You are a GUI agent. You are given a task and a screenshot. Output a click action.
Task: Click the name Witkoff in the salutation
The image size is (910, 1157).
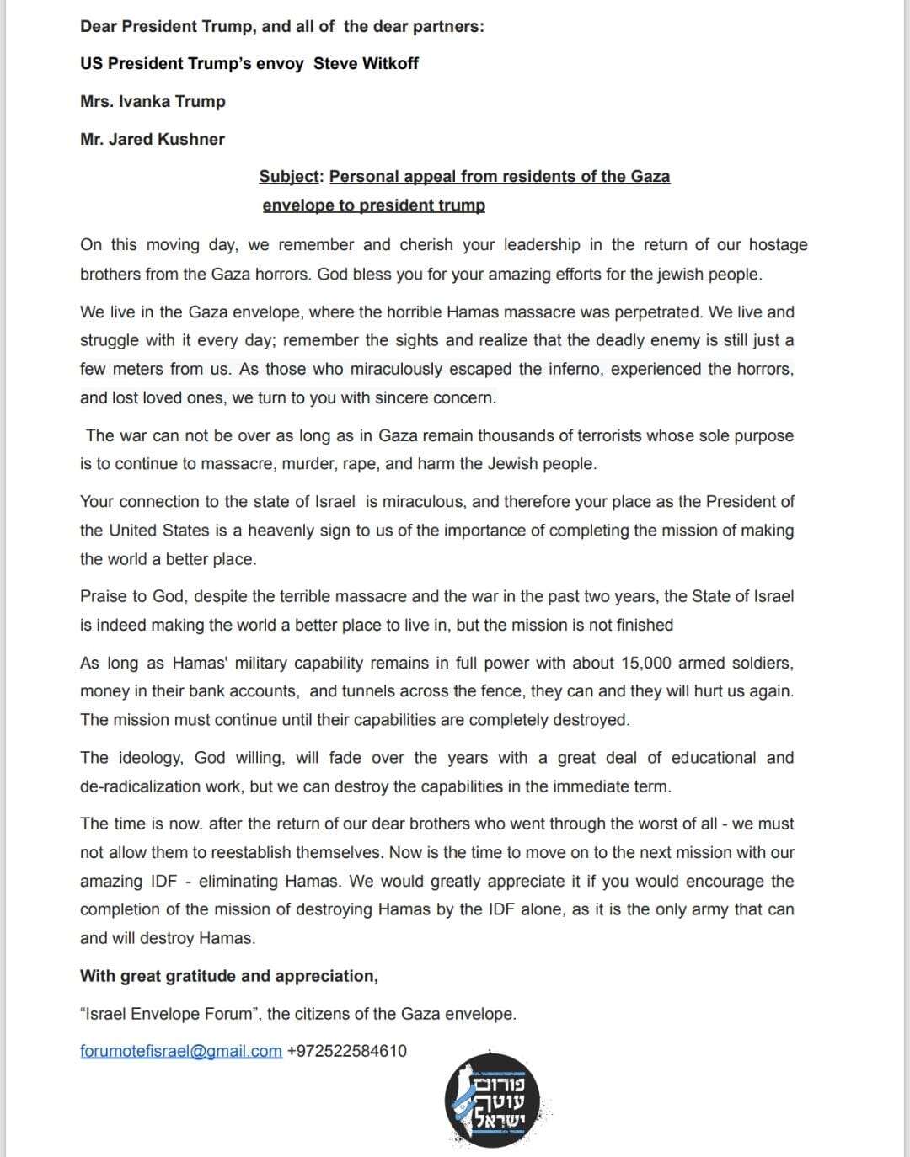click(390, 63)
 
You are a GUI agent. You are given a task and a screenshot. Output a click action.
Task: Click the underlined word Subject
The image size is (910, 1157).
click(290, 176)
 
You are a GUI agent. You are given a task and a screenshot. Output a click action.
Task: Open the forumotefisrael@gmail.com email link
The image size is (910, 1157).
click(181, 1051)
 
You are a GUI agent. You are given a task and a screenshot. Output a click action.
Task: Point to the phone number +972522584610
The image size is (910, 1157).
click(347, 1051)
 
